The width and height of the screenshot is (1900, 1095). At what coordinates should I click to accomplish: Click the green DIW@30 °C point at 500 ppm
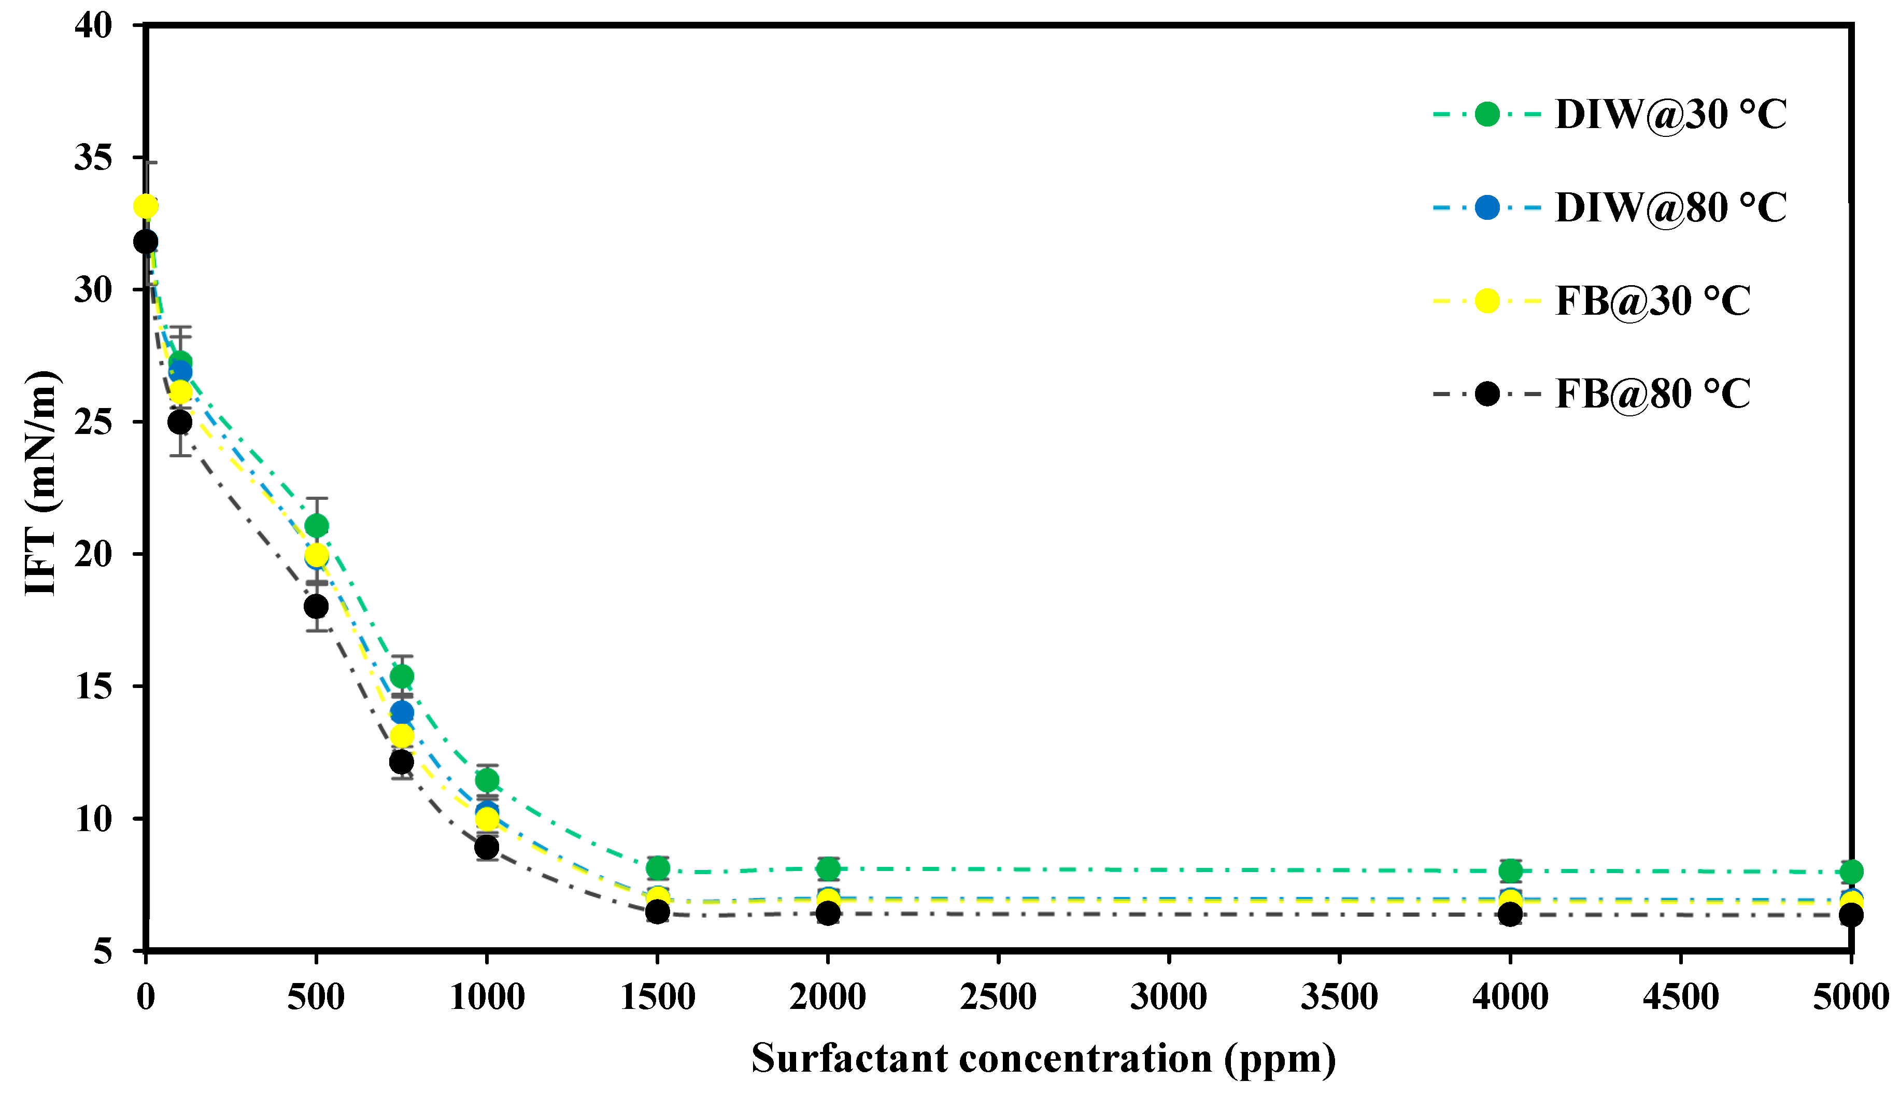pyautogui.click(x=317, y=525)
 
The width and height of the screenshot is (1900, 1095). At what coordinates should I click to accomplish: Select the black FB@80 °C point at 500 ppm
pyautogui.click(x=317, y=606)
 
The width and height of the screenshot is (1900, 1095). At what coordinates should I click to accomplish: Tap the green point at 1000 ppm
pyautogui.click(x=487, y=779)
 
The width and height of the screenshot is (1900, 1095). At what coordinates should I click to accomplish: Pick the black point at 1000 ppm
pyautogui.click(x=487, y=847)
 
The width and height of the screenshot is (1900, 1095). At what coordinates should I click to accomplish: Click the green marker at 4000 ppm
pyautogui.click(x=1510, y=871)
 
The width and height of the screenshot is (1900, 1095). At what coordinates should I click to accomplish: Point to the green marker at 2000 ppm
pyautogui.click(x=828, y=868)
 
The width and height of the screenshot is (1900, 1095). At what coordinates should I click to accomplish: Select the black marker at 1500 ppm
pyautogui.click(x=658, y=911)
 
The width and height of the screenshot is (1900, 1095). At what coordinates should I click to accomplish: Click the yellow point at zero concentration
pyautogui.click(x=146, y=206)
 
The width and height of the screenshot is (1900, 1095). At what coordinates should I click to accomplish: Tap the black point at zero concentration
pyautogui.click(x=146, y=242)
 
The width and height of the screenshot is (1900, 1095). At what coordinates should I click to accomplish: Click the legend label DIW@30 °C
pyautogui.click(x=1670, y=114)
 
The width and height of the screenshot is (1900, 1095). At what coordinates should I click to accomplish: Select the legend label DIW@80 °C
pyautogui.click(x=1670, y=207)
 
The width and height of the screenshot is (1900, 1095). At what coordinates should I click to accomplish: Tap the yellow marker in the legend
pyautogui.click(x=1486, y=301)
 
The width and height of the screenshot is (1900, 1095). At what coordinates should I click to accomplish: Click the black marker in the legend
pyautogui.click(x=1486, y=394)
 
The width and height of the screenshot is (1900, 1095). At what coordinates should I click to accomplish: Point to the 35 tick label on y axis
pyautogui.click(x=93, y=158)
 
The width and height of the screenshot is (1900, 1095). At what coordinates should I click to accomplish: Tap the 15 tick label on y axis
pyautogui.click(x=93, y=686)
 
